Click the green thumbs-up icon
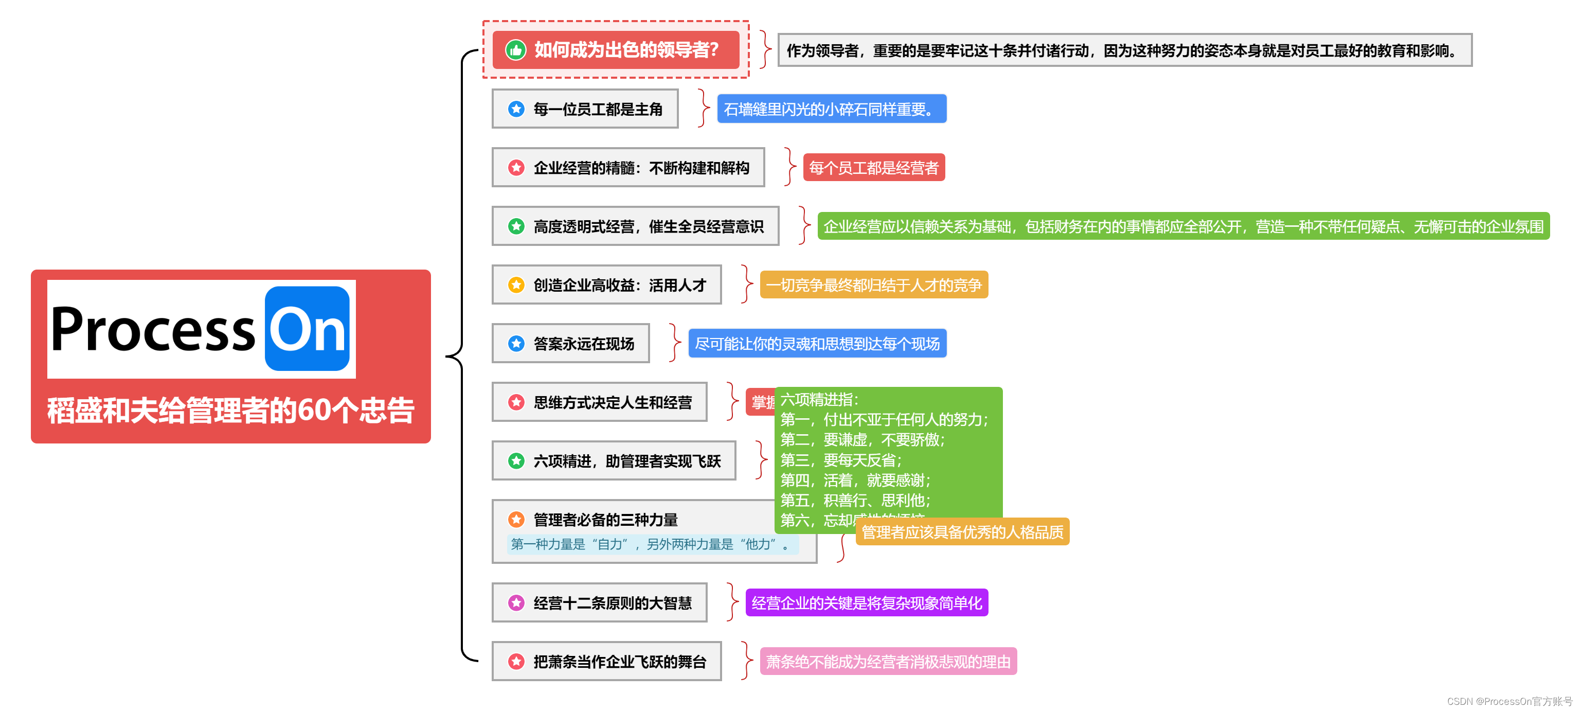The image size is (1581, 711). pyautogui.click(x=515, y=50)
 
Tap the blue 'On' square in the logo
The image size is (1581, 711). pyautogui.click(x=307, y=328)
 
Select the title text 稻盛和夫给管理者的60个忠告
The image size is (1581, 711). pyautogui.click(x=231, y=410)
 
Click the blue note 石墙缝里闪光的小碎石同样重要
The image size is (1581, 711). pyautogui.click(x=831, y=109)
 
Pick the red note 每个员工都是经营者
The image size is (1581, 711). pyautogui.click(x=873, y=168)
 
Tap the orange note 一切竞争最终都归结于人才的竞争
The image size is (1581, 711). pyautogui.click(x=873, y=285)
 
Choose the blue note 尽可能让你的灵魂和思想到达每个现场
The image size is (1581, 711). pyautogui.click(x=817, y=344)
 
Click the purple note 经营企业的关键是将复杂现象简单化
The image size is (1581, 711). pyautogui.click(x=866, y=603)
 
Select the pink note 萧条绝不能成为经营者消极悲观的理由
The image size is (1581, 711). pyautogui.click(x=888, y=662)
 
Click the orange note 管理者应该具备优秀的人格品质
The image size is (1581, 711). pyautogui.click(x=962, y=532)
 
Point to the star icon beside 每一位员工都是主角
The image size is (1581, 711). pyautogui.click(x=516, y=109)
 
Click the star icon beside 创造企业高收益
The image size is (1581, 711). pyautogui.click(x=516, y=285)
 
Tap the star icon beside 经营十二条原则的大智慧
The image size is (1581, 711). pyautogui.click(x=516, y=603)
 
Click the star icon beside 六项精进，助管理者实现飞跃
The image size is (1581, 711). pyautogui.click(x=516, y=460)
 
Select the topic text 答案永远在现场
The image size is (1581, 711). pyautogui.click(x=584, y=344)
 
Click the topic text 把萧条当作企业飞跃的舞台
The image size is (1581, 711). pyautogui.click(x=620, y=662)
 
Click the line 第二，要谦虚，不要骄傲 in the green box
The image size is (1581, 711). pyautogui.click(x=863, y=440)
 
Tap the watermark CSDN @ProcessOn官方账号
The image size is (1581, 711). pyautogui.click(x=1509, y=701)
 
